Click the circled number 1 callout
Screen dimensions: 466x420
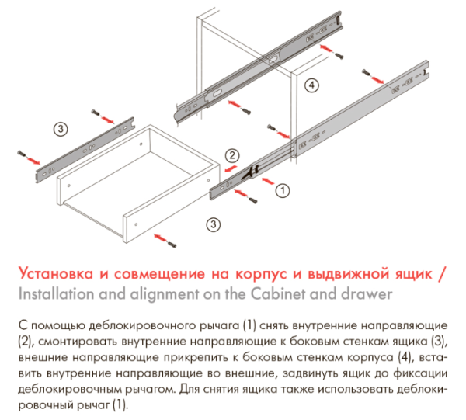coord(283,190)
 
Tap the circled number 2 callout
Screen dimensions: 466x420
coord(232,155)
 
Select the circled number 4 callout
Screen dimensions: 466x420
coord(311,85)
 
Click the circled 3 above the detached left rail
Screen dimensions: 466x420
coord(61,129)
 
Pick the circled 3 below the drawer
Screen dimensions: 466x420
coord(213,224)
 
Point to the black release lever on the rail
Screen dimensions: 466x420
coord(250,173)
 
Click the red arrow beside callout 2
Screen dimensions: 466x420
coord(231,168)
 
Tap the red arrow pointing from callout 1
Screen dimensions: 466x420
coord(268,181)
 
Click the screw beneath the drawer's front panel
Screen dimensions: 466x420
coord(172,244)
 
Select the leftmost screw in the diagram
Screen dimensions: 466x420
coord(21,153)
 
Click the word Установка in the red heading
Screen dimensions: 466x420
coord(56,273)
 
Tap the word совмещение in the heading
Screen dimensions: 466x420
coord(159,274)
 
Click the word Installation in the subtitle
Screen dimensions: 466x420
coord(56,294)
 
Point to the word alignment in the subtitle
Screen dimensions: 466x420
coord(165,295)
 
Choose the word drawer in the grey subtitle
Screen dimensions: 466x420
coord(367,294)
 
